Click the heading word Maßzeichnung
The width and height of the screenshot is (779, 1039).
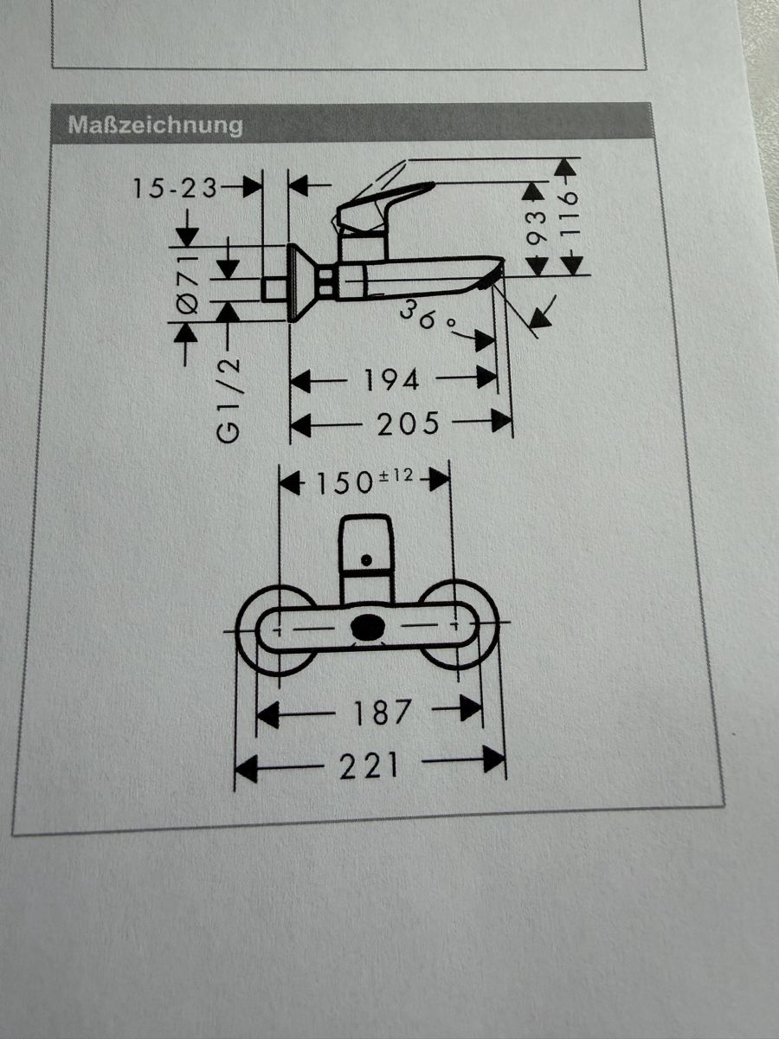(156, 126)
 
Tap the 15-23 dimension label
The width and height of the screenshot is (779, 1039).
(175, 189)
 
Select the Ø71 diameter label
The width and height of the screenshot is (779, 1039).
(189, 284)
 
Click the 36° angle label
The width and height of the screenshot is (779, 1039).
(427, 315)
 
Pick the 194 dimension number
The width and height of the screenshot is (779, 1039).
(391, 380)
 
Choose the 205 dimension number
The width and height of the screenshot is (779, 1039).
(409, 423)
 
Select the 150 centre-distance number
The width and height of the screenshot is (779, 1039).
(344, 483)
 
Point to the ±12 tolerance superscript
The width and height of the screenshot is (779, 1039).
(396, 474)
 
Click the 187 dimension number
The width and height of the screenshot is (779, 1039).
(382, 713)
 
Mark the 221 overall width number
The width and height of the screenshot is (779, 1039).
(369, 766)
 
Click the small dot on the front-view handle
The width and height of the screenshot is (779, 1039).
(366, 560)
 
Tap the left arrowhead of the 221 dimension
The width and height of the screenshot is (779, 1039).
(246, 769)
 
